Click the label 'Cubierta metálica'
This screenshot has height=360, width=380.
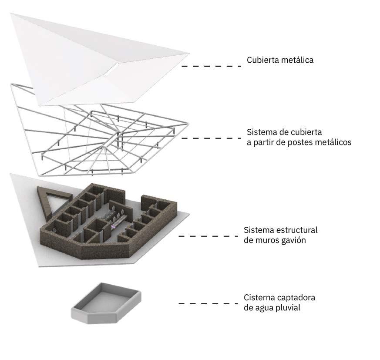(280, 60)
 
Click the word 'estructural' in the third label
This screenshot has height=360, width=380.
(297, 230)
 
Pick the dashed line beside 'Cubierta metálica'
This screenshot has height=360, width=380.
(211, 66)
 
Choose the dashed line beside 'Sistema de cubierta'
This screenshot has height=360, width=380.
(211, 138)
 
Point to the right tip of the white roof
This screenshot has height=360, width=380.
(188, 54)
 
